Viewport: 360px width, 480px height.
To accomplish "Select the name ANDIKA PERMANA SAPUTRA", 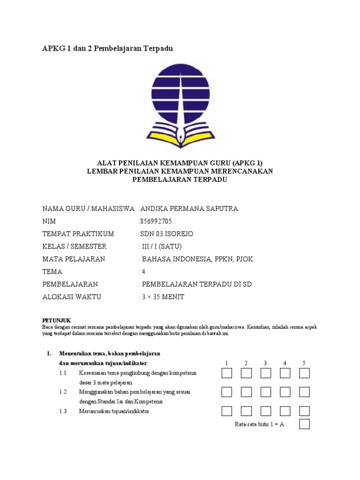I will coord(189,209).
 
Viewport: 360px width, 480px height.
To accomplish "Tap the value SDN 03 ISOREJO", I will coord(166,234).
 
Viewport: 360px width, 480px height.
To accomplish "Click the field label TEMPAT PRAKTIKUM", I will coord(78,234).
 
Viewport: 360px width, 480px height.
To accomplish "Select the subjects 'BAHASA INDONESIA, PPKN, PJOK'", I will coord(197,259).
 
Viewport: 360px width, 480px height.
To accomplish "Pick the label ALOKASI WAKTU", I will coord(72,297).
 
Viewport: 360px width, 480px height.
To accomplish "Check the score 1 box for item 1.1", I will coord(227,373).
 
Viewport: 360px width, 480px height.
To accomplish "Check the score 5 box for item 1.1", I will coord(304,373).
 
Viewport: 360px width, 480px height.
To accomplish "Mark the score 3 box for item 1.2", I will coord(265,392).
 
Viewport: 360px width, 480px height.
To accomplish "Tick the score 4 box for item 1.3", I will coord(285,411).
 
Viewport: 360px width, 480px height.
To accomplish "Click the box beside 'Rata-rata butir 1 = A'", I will coord(304,424).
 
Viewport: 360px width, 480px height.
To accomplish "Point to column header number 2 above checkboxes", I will coord(246,363).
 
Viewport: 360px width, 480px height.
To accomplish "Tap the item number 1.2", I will coord(63,392).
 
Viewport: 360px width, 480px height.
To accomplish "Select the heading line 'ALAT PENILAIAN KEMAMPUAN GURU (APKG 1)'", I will coord(180,163).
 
